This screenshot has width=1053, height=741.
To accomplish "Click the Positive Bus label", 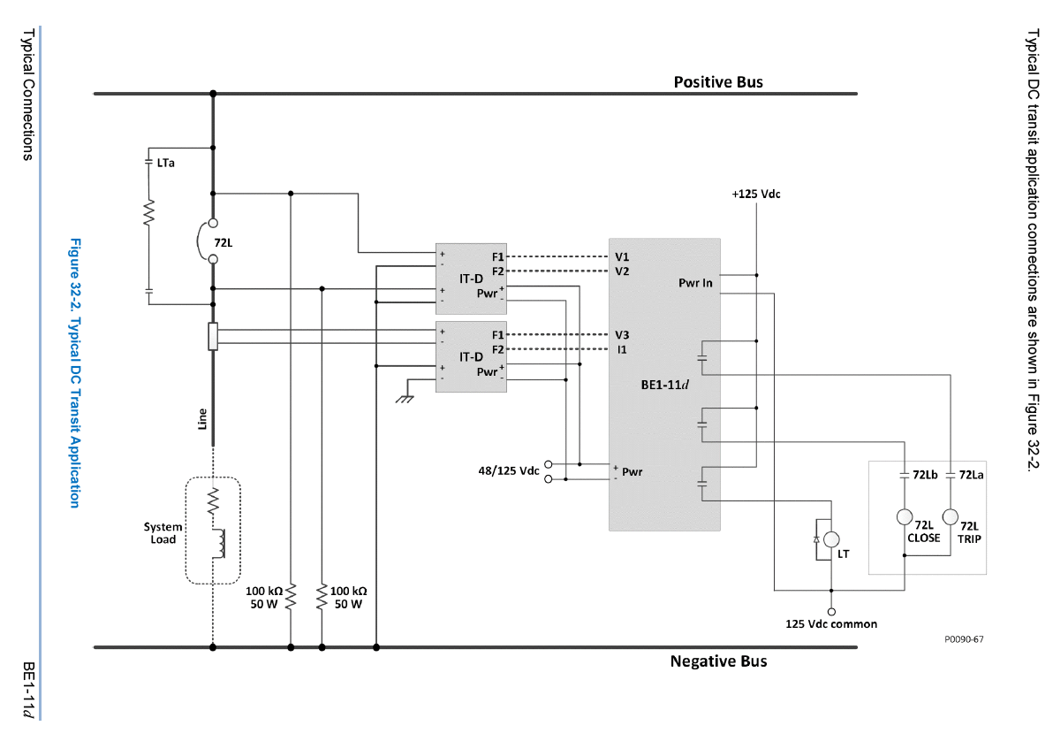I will (718, 82).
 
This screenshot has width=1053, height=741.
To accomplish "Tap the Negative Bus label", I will (718, 661).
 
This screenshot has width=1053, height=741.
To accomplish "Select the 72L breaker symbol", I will (213, 241).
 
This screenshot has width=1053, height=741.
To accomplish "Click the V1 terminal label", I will (622, 256).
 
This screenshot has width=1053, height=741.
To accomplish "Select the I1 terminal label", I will (622, 349).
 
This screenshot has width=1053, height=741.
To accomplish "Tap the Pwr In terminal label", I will (695, 283).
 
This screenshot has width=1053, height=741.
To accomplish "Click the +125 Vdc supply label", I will (755, 194).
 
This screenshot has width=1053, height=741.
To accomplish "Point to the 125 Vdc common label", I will (831, 623).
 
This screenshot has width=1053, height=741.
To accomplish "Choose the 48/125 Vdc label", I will (508, 470).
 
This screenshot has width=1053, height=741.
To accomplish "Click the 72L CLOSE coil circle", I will (905, 517).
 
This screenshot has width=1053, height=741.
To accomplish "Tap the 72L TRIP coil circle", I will (951, 517).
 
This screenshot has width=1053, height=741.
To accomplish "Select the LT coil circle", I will (830, 539).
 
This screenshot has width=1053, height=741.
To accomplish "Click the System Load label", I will (163, 533).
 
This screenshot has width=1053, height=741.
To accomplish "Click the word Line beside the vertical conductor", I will (202, 418).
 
